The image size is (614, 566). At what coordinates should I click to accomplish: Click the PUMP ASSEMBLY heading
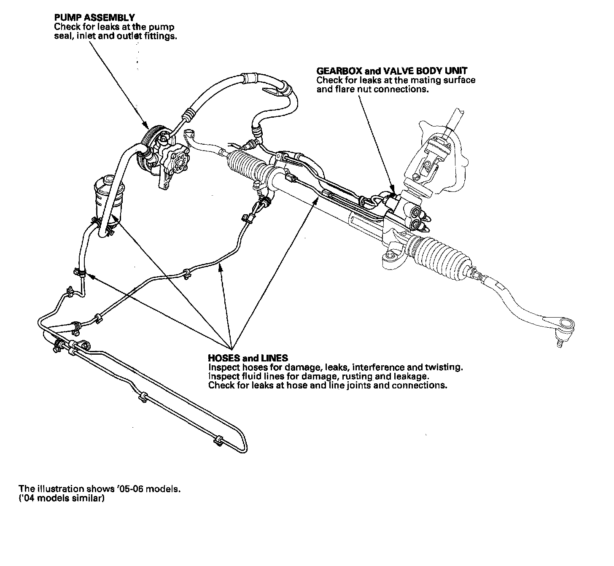point(94,18)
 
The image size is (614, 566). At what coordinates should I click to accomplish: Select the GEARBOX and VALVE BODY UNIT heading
point(392,71)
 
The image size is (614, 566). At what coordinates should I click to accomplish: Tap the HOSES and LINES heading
point(248,358)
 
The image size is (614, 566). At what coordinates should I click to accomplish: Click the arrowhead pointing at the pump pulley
point(146,125)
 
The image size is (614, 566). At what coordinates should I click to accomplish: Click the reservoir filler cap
point(107,181)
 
